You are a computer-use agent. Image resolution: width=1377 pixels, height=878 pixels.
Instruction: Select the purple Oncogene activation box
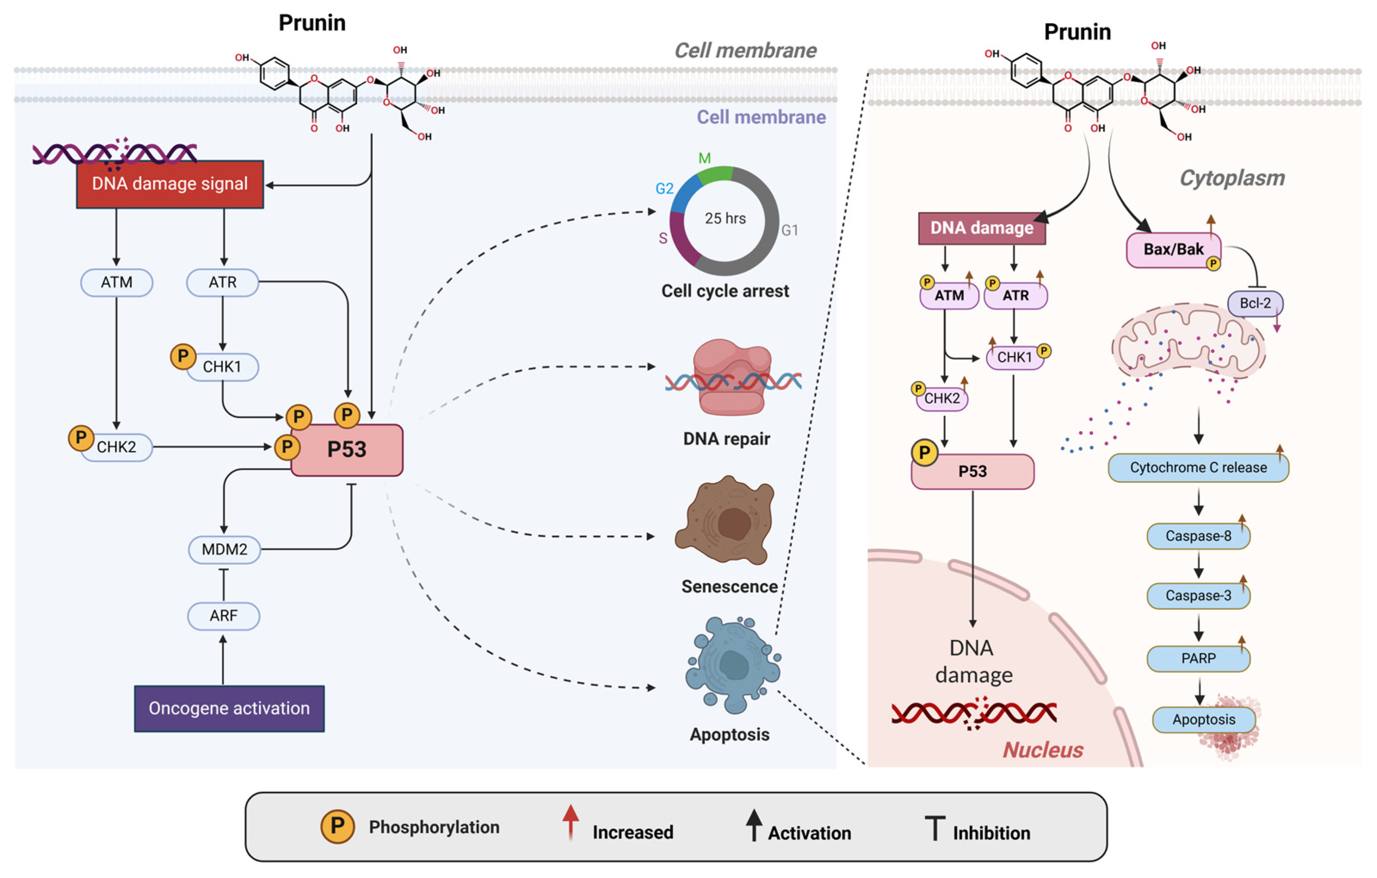(x=229, y=709)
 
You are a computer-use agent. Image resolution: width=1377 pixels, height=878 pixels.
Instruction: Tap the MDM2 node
(x=225, y=549)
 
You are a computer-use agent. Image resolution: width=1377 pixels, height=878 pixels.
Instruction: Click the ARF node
(x=224, y=616)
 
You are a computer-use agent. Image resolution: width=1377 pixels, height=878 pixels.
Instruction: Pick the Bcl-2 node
(x=1255, y=303)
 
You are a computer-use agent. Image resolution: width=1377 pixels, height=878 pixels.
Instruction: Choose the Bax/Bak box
(x=1173, y=249)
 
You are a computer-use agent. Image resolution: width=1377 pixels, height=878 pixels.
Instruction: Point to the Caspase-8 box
(x=1198, y=536)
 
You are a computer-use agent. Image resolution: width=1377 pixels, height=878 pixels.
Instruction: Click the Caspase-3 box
(x=1198, y=596)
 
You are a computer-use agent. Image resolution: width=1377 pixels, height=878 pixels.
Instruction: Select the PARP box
(x=1198, y=659)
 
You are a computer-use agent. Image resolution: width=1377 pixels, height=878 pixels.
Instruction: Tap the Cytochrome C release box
(x=1198, y=467)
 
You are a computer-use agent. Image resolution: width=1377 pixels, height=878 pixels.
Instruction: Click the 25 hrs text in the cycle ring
(x=725, y=219)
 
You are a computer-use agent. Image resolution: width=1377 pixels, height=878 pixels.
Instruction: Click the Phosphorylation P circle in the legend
(x=337, y=826)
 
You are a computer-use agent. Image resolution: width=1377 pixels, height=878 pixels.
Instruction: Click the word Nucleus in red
(x=1043, y=750)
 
